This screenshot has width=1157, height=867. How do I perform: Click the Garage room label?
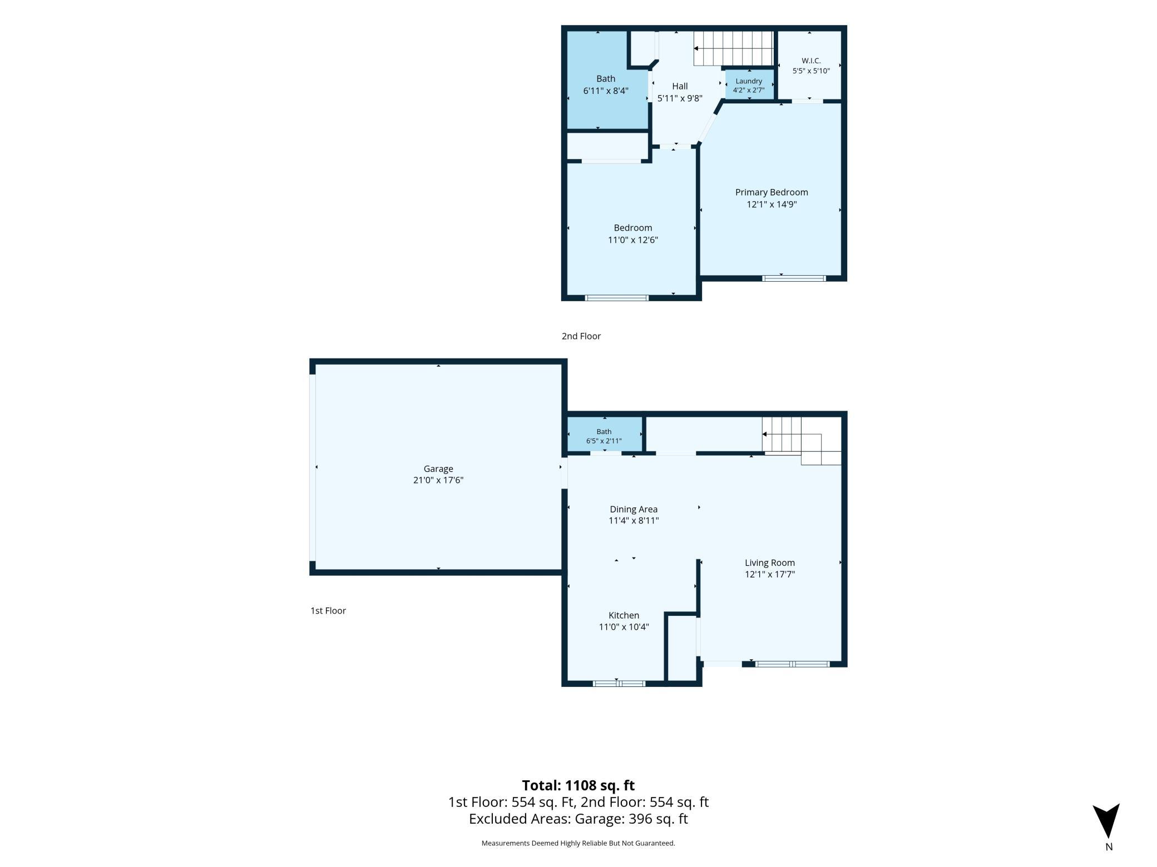438,469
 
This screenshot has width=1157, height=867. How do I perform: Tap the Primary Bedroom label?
772,192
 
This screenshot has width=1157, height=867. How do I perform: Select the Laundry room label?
749,81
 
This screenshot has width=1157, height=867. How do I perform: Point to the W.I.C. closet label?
811,61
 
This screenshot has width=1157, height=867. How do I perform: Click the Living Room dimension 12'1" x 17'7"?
770,574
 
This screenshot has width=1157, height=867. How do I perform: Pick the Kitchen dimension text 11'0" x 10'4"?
624,627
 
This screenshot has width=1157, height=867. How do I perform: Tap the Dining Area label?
634,509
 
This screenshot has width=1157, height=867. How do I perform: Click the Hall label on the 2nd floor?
680,86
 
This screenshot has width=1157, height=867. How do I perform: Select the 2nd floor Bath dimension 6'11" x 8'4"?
606,91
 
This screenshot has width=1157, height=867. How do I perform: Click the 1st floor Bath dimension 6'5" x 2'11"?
604,441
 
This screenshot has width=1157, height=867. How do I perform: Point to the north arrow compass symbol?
1106,821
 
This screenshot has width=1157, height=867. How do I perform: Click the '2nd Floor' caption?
581,336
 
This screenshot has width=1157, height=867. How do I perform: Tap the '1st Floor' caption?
328,611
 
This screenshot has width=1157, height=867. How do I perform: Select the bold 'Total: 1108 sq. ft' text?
578,785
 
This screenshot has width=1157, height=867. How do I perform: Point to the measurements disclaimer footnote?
578,843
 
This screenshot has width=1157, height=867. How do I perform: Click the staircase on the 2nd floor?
733,48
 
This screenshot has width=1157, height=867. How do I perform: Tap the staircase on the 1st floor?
802,441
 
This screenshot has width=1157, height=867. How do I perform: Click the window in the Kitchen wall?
619,684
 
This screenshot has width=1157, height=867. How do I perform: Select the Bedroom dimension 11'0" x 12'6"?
633,240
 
